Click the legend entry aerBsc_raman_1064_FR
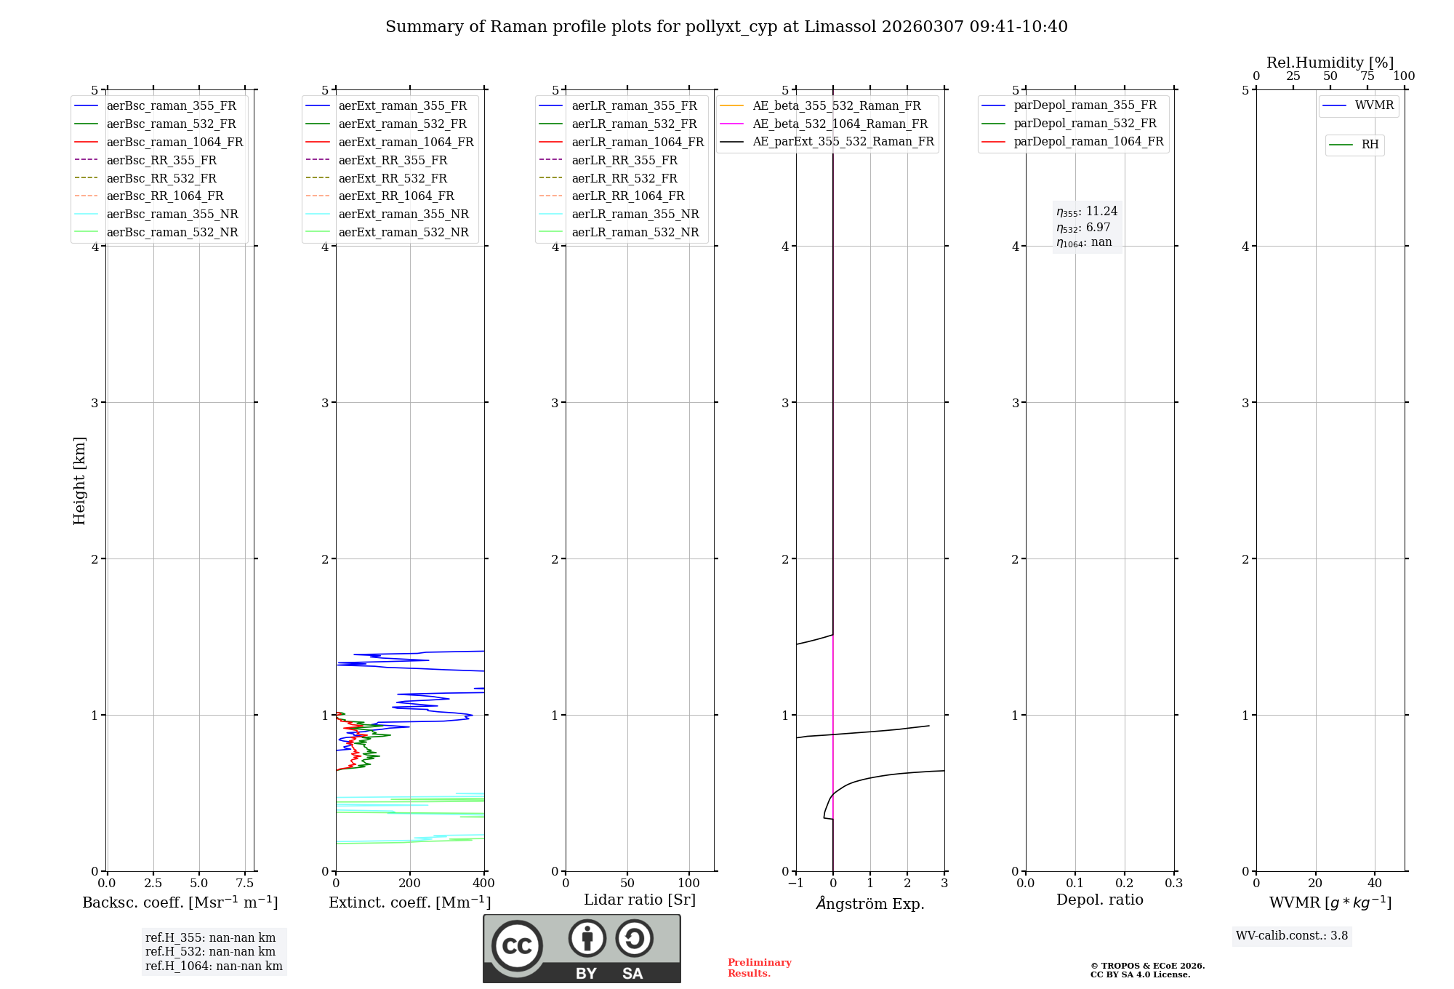[x=174, y=143]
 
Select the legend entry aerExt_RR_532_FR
[x=393, y=179]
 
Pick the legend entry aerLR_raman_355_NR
[x=635, y=215]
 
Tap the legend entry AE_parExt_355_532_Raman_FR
[x=843, y=142]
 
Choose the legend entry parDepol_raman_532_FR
[x=1085, y=124]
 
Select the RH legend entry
[x=1370, y=145]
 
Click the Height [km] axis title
[x=79, y=481]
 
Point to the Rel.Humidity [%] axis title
[x=1330, y=63]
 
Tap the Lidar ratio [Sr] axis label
[x=640, y=900]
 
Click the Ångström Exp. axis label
[x=870, y=904]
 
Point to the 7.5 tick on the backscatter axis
[x=245, y=884]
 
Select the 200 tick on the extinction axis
[x=410, y=884]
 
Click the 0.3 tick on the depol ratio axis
[x=1174, y=884]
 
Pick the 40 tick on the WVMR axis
[x=1375, y=884]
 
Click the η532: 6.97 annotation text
[x=1083, y=228]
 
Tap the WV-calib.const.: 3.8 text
[x=1292, y=936]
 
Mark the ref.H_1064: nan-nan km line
[x=214, y=966]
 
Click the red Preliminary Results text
[x=759, y=968]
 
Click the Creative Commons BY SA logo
[x=582, y=949]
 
